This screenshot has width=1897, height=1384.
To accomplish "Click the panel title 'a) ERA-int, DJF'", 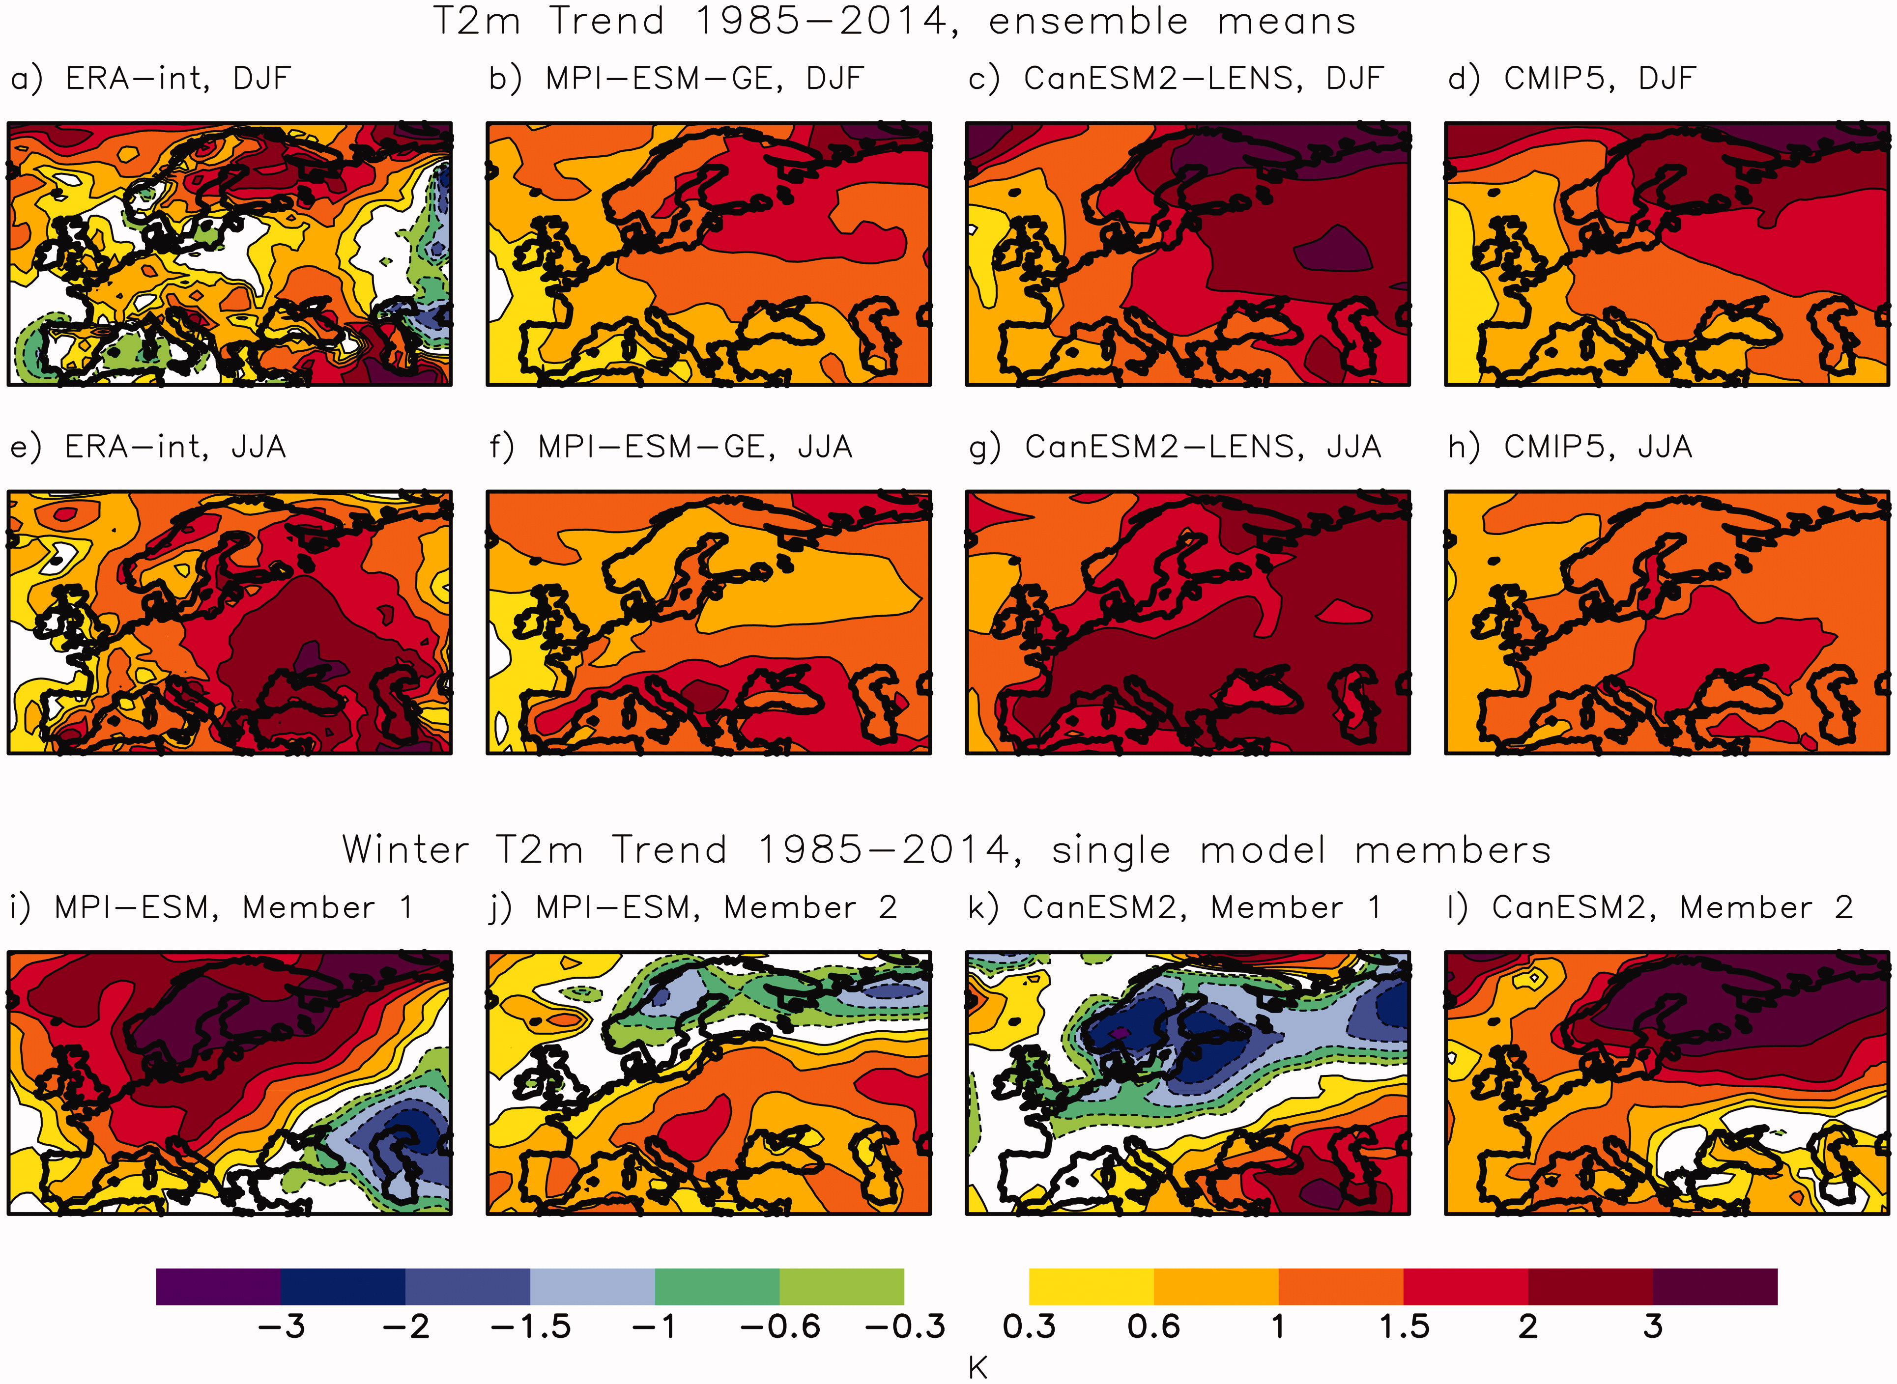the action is click(151, 79).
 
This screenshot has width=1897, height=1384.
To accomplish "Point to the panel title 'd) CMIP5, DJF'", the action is click(1572, 79).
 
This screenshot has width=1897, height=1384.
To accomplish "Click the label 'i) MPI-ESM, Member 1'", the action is click(212, 907).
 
